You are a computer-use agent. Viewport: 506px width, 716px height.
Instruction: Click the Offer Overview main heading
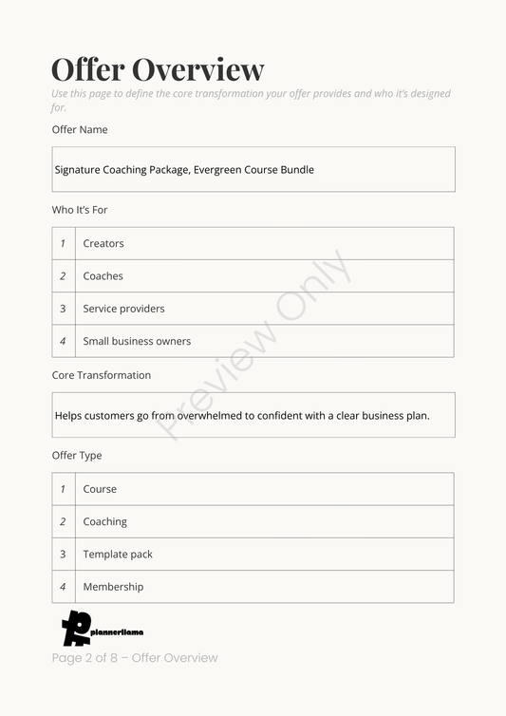click(158, 69)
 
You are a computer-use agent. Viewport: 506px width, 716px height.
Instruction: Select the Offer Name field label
click(80, 129)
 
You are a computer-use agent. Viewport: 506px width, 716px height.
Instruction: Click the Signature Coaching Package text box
click(253, 170)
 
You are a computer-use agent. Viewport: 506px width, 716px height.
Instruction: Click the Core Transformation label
click(101, 375)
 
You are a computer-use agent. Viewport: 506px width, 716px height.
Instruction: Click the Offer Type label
click(77, 456)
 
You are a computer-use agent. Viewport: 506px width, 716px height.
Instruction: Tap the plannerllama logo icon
click(75, 629)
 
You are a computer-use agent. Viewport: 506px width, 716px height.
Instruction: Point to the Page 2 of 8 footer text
click(135, 658)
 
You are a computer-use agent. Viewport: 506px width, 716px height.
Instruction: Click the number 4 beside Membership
click(63, 587)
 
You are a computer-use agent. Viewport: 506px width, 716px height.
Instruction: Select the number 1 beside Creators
click(63, 244)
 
